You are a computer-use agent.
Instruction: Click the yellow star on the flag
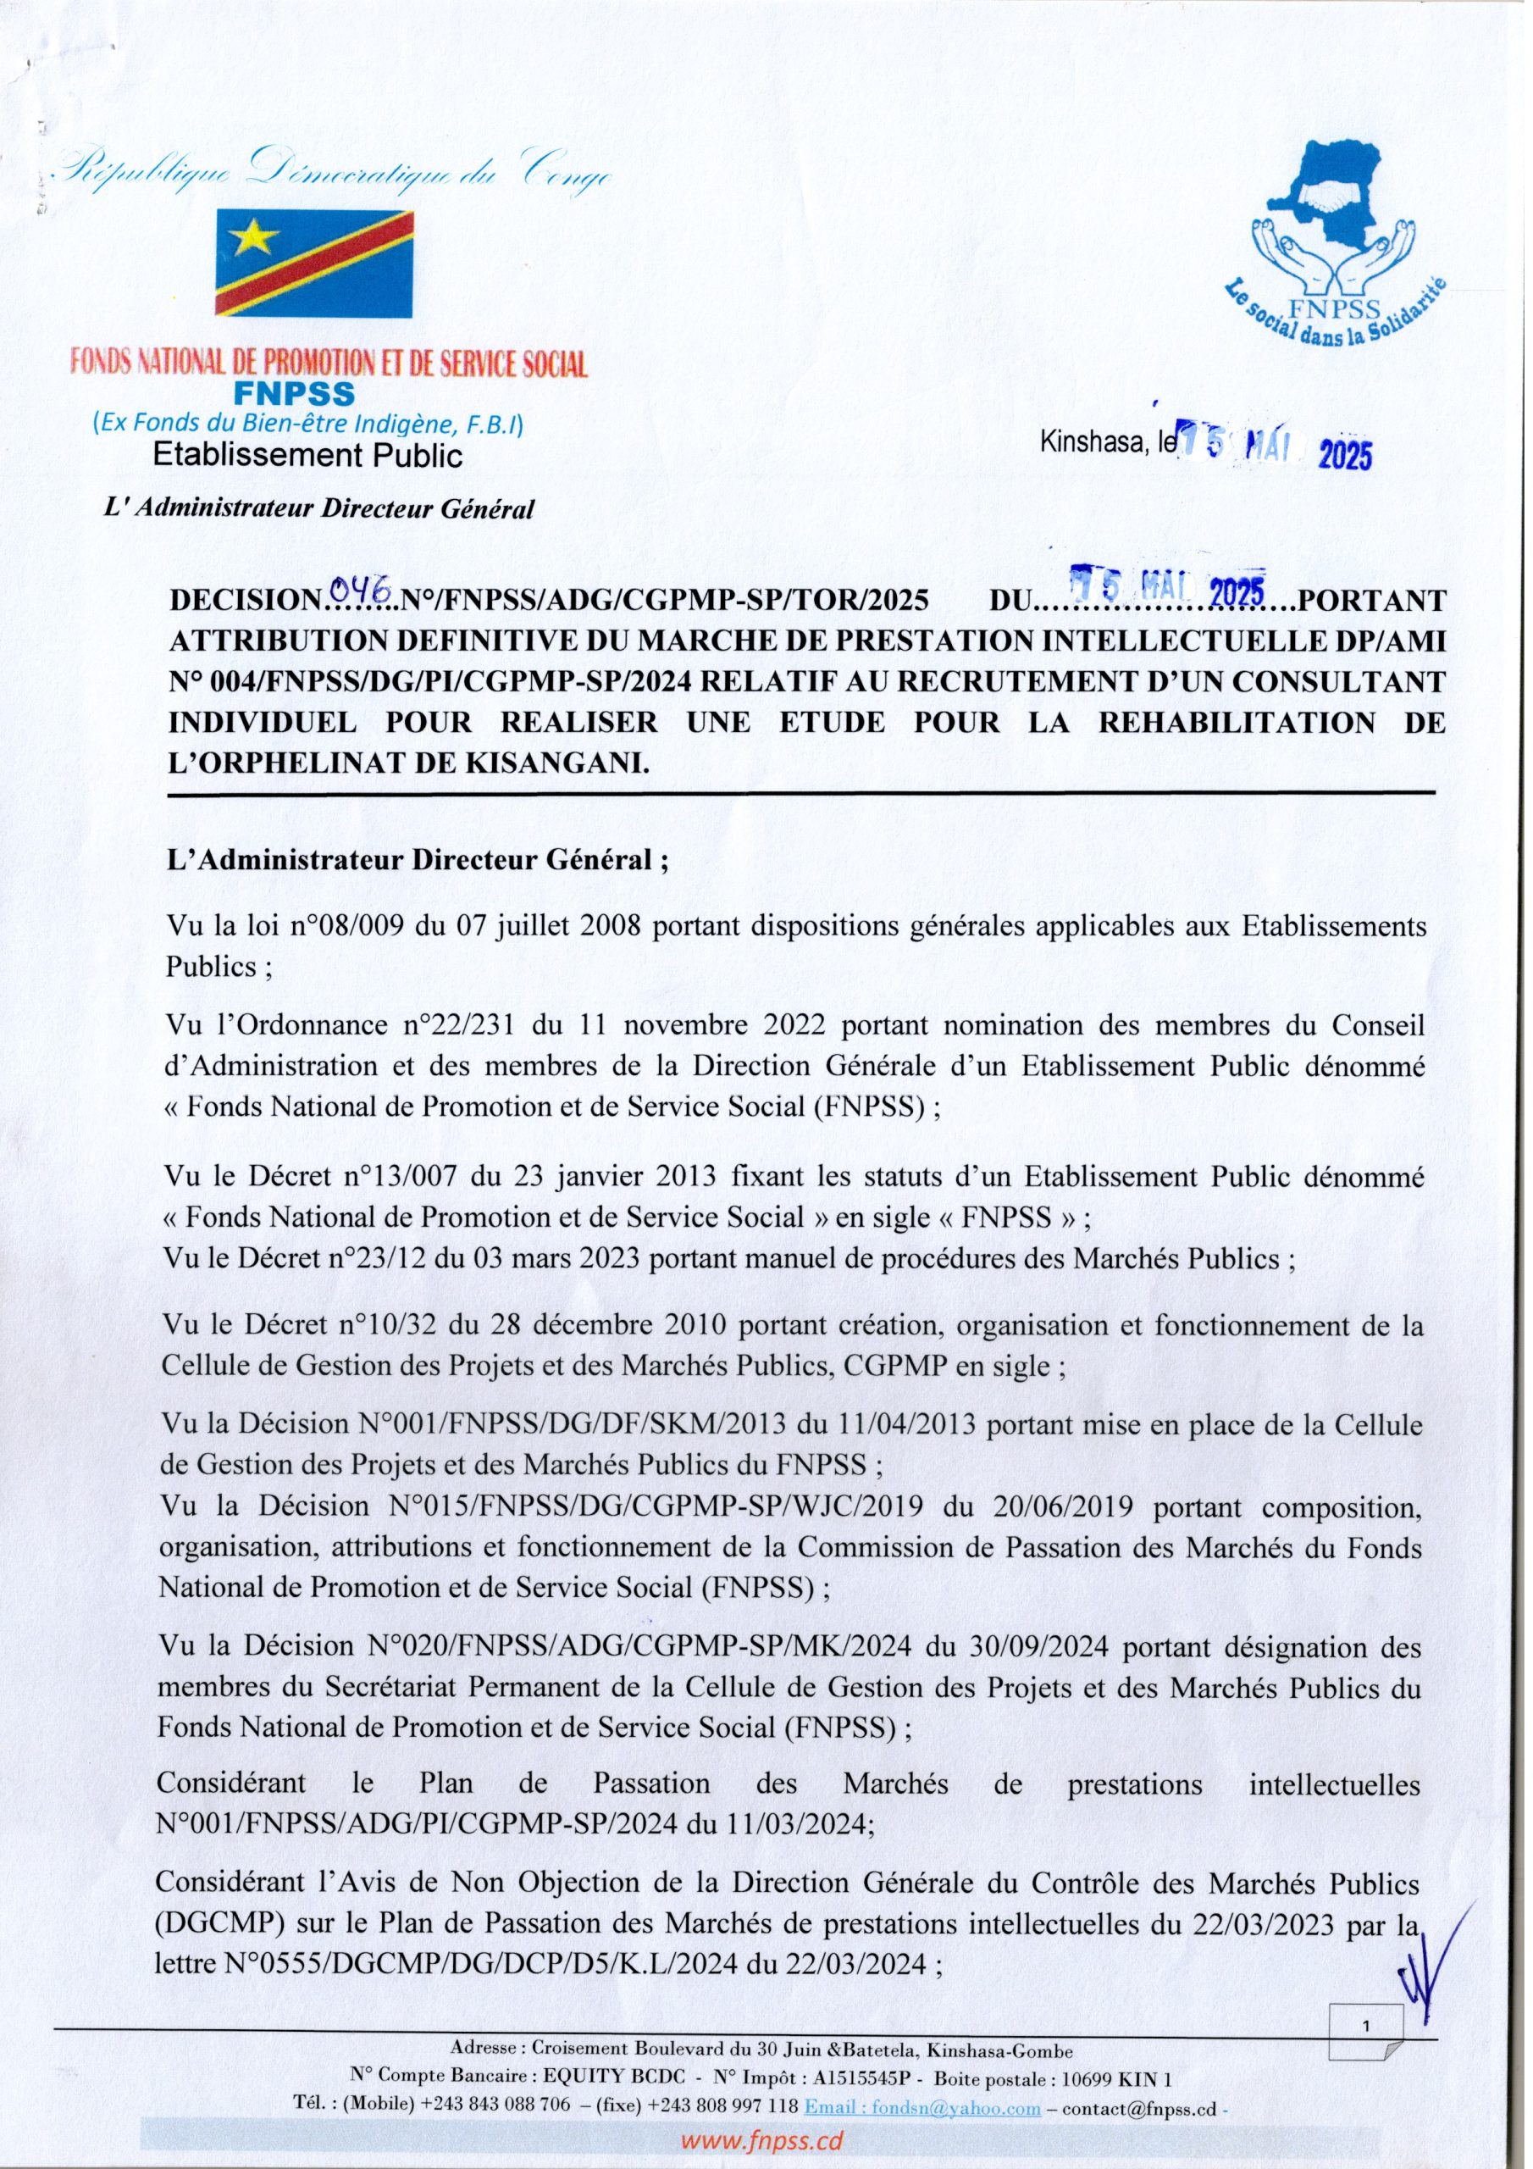pos(252,238)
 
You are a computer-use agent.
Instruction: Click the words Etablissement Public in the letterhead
pos(308,457)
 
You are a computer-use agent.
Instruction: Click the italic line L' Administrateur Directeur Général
pos(323,510)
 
